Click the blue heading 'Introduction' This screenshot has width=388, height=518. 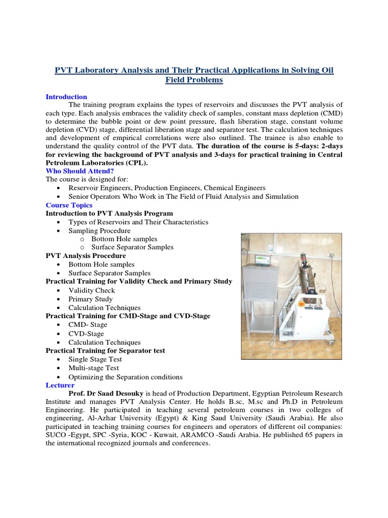pos(66,97)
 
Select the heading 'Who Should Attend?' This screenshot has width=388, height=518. pos(80,171)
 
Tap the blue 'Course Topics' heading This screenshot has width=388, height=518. pos(69,205)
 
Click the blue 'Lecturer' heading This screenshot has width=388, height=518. pos(60,385)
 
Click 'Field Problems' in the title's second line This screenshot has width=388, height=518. pos(194,80)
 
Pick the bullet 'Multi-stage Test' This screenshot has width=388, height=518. pos(95,368)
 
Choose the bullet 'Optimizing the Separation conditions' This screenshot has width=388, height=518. pos(126,377)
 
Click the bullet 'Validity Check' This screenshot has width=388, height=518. pos(92,290)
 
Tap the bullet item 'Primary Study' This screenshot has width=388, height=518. pos(91,299)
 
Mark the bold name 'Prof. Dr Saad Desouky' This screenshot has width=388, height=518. pos(106,394)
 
